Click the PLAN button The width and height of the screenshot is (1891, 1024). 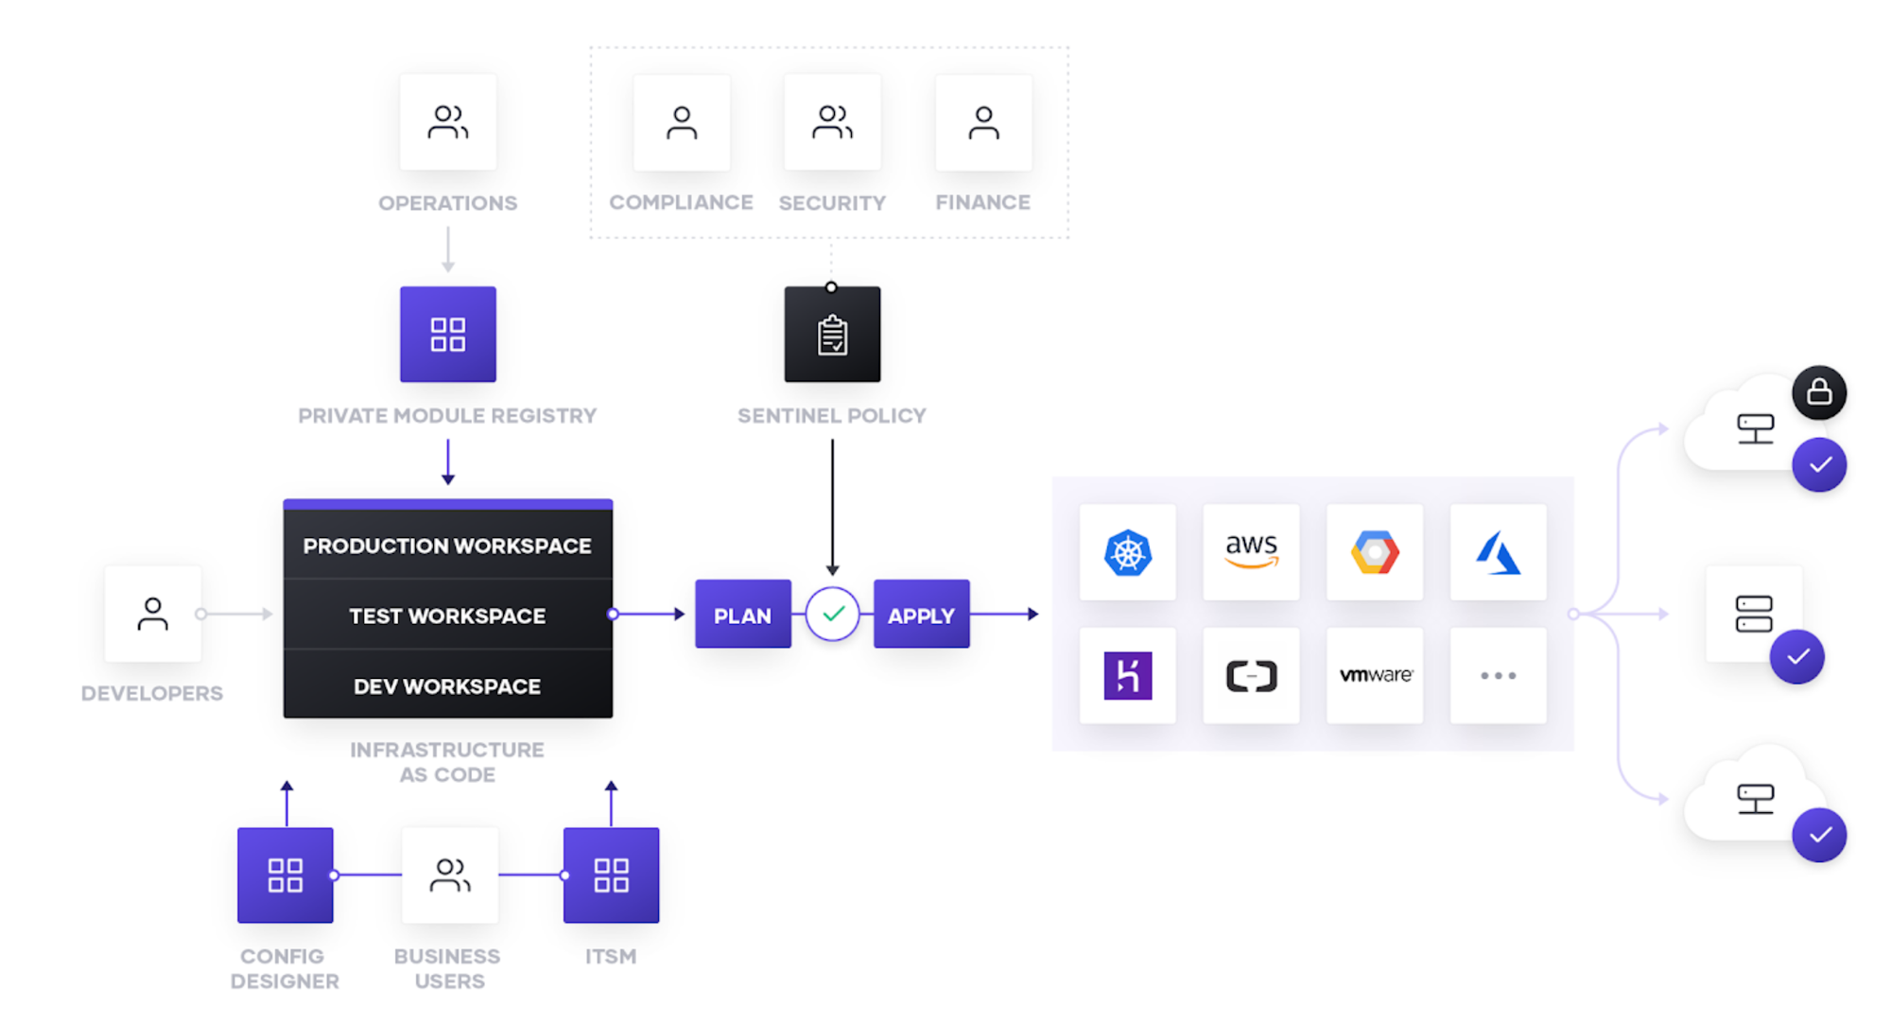pos(742,615)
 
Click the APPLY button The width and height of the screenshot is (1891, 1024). pos(921,615)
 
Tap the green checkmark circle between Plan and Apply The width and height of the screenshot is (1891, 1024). pos(832,614)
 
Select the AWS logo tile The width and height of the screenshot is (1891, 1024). pos(1251,552)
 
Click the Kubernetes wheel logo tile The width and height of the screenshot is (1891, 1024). pos(1127,552)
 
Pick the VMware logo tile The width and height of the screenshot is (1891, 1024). pos(1375,675)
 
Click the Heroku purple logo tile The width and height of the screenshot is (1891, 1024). pos(1127,675)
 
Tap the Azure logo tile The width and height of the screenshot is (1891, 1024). pos(1498,552)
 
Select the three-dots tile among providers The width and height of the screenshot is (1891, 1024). pos(1498,675)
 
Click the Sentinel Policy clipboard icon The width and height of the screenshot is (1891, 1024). pos(832,335)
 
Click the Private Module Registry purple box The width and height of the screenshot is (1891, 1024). pos(447,334)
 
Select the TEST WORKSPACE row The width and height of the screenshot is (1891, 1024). pos(447,616)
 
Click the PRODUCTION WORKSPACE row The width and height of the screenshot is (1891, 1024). pos(447,546)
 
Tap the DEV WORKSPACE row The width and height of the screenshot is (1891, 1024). pos(447,686)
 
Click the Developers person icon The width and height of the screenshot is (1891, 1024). pos(152,614)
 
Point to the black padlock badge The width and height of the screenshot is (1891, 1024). pos(1818,392)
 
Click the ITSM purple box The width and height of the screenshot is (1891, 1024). pos(611,875)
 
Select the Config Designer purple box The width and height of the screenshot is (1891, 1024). pos(285,875)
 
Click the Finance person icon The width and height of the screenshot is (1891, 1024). pos(983,123)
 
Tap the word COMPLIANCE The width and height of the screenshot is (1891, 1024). pos(681,202)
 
